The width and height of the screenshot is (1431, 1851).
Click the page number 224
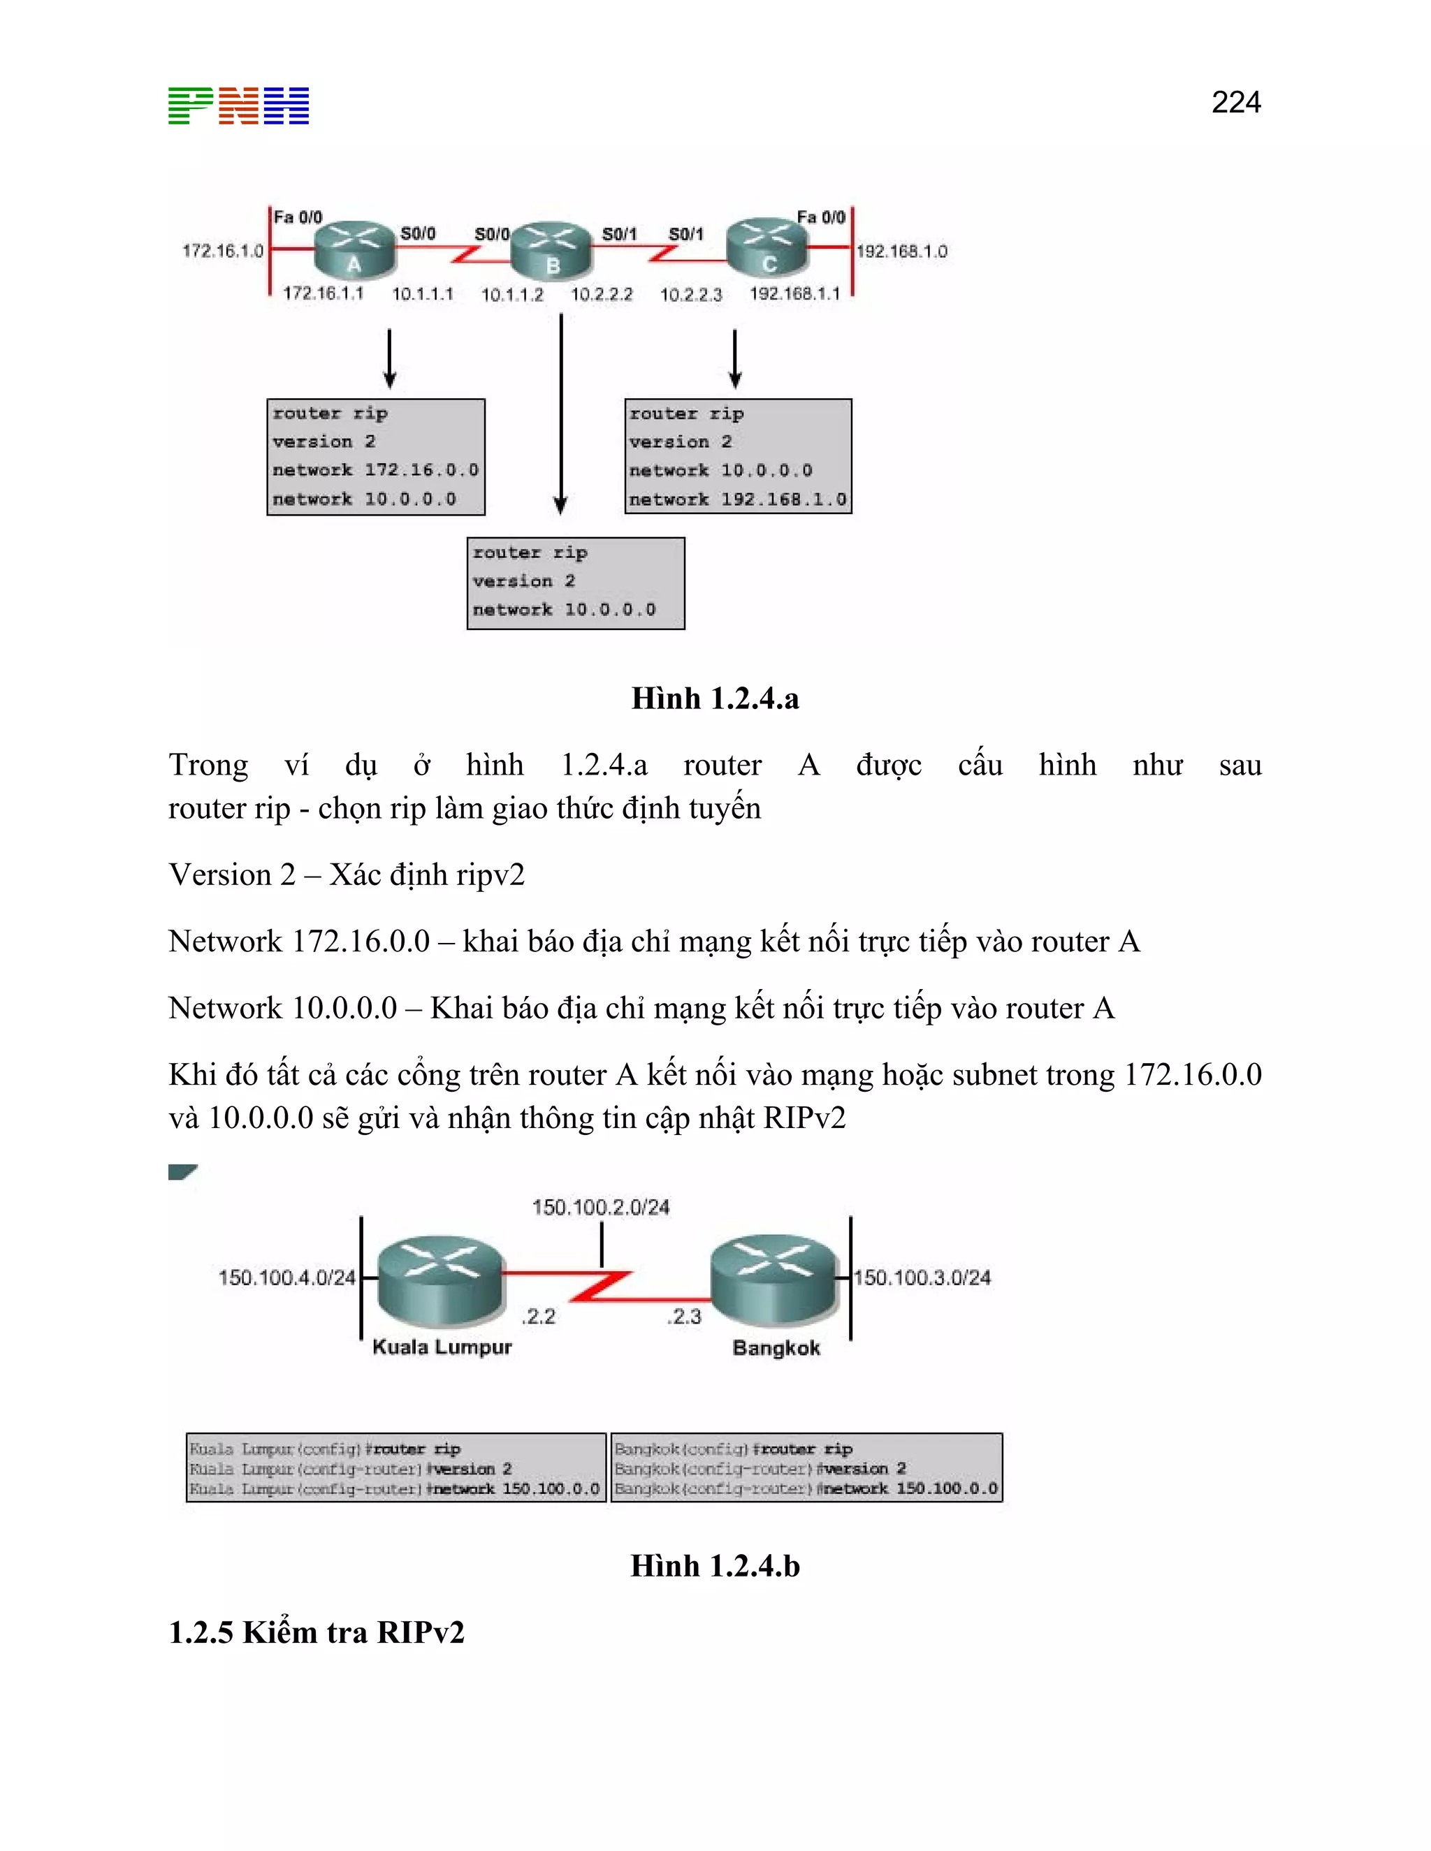[x=1235, y=103]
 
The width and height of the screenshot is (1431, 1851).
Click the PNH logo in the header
[x=238, y=106]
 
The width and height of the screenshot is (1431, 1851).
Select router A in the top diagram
[x=354, y=249]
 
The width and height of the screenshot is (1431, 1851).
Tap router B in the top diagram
[x=552, y=250]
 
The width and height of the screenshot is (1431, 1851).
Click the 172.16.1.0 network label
[x=223, y=251]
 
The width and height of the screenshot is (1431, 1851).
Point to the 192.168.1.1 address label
[x=794, y=293]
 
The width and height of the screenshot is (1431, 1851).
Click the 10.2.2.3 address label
[x=691, y=295]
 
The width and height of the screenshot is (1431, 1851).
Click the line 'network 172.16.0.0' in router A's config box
[x=375, y=469]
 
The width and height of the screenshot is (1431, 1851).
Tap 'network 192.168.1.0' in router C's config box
[x=738, y=499]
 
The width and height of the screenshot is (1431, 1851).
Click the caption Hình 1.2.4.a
[x=715, y=698]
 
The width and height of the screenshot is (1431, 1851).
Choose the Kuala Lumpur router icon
[x=440, y=1280]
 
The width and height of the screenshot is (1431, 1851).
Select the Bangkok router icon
[x=774, y=1280]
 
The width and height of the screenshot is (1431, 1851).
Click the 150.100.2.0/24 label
[x=600, y=1207]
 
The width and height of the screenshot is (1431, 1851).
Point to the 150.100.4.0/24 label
[x=286, y=1278]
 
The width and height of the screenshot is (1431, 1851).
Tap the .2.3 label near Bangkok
[x=684, y=1316]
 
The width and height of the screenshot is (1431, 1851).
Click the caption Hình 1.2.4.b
[x=715, y=1565]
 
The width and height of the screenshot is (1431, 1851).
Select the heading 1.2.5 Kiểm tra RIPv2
[x=317, y=1632]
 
